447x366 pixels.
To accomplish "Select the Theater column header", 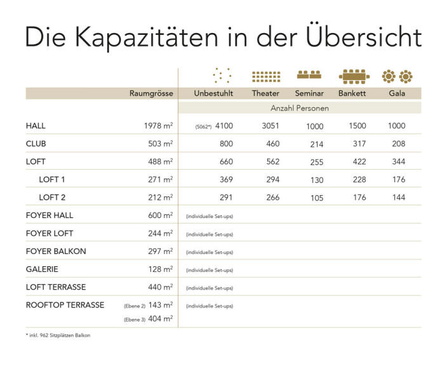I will pyautogui.click(x=265, y=93).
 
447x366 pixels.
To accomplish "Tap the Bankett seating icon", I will pyautogui.click(x=354, y=77).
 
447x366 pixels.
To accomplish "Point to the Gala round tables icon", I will pyautogui.click(x=397, y=77).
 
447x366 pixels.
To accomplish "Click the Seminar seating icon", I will pyautogui.click(x=309, y=75).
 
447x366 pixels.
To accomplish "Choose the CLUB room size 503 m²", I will pyautogui.click(x=158, y=144).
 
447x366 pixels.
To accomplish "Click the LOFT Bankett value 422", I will pyautogui.click(x=359, y=161).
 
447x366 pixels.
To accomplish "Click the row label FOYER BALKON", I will pyautogui.click(x=56, y=251).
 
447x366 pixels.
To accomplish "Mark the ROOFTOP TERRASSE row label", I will pyautogui.click(x=65, y=305).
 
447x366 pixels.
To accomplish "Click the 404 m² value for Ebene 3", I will pyautogui.click(x=160, y=318).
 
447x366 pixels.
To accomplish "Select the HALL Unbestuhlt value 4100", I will pyautogui.click(x=224, y=126).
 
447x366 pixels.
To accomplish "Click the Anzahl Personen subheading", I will pyautogui.click(x=300, y=108).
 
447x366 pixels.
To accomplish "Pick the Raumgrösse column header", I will pyautogui.click(x=151, y=93).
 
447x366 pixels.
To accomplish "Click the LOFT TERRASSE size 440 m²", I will pyautogui.click(x=158, y=287).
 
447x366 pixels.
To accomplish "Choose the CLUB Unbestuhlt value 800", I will pyautogui.click(x=225, y=144).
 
